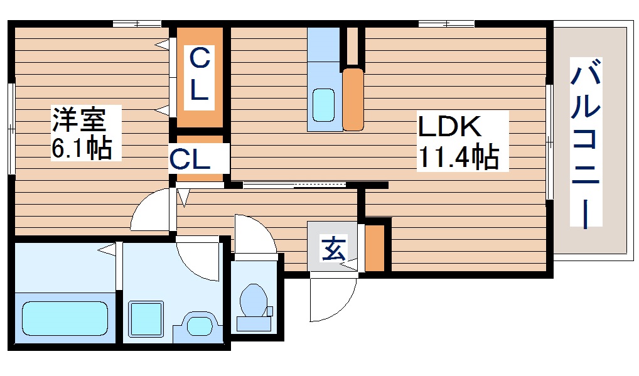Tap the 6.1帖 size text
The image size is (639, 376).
click(x=82, y=149)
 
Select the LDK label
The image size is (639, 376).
click(x=449, y=127)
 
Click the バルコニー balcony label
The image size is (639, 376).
click(x=586, y=143)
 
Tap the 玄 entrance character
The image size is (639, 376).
click(x=333, y=250)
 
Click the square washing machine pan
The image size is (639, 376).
click(x=146, y=319)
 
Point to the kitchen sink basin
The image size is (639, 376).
click(x=324, y=104)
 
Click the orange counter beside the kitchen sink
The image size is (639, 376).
click(x=353, y=99)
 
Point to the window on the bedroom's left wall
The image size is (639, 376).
click(x=11, y=128)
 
